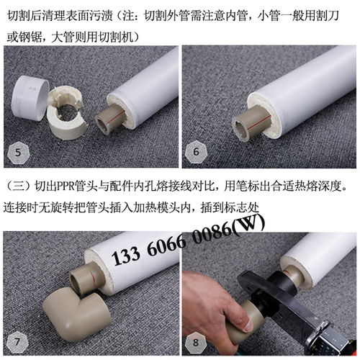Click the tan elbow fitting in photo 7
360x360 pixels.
pos(68,317)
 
